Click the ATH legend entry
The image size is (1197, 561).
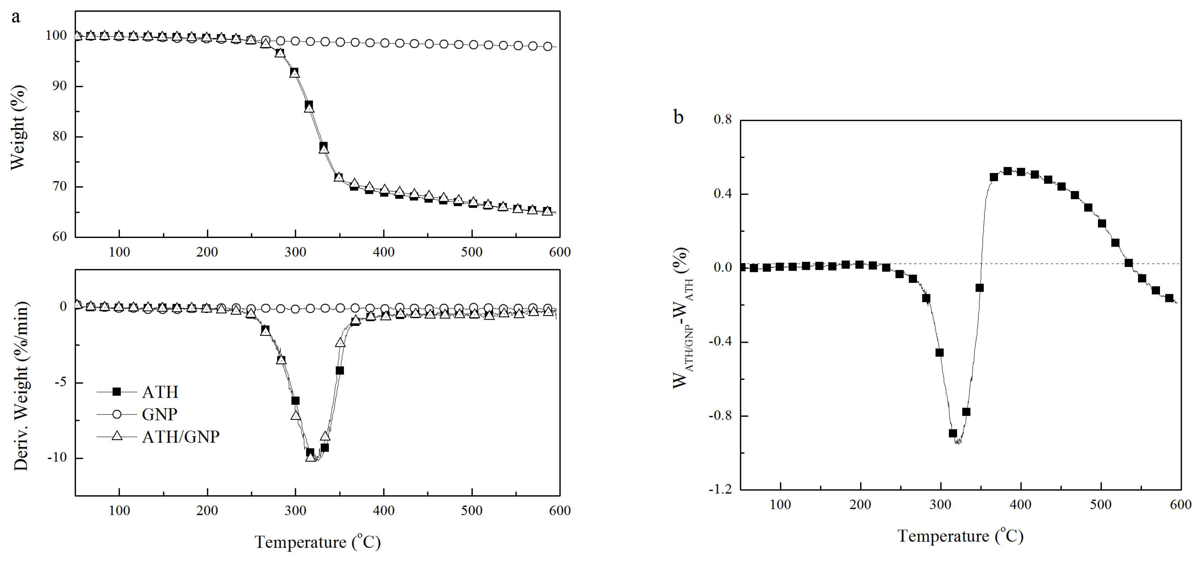point(160,392)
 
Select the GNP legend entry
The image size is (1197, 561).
point(159,414)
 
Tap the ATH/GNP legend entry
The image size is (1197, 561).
point(180,436)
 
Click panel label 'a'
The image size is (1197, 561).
point(16,17)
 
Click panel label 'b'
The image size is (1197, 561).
point(679,117)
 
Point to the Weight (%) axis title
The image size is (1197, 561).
point(18,128)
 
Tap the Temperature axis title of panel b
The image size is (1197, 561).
point(960,536)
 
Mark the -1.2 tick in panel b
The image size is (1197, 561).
point(719,489)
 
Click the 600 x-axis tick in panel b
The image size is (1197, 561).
point(1180,505)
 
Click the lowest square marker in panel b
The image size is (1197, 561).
point(953,433)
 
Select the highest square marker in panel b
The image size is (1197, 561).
point(1007,171)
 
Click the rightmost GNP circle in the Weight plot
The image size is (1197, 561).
point(548,46)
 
